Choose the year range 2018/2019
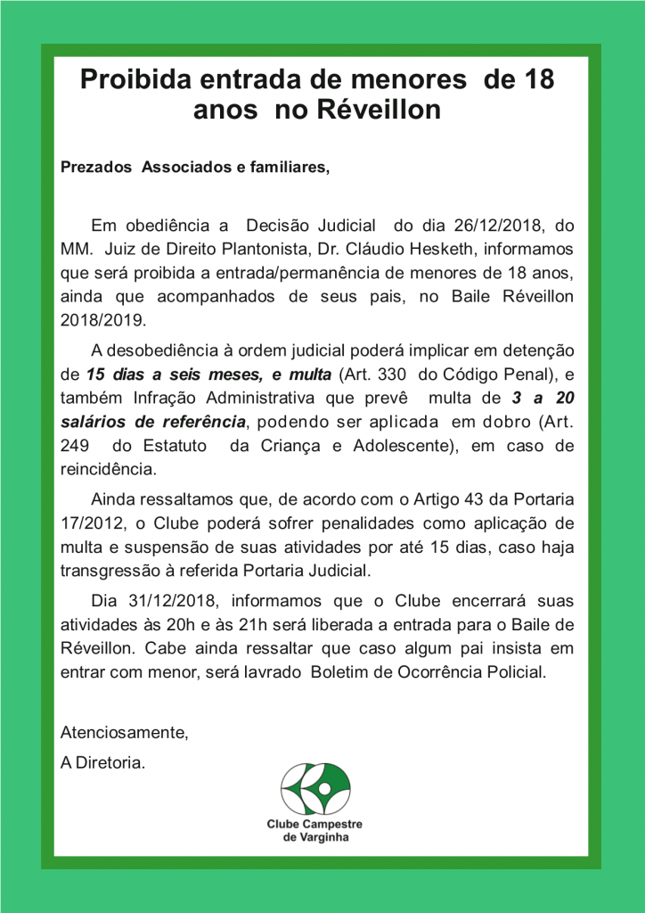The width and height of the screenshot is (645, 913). tap(104, 318)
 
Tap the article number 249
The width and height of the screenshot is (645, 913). tap(74, 445)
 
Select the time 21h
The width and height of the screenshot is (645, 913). tap(253, 623)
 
